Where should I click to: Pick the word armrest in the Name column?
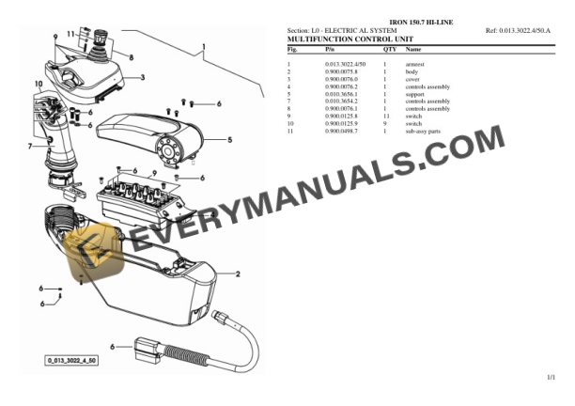click(x=414, y=64)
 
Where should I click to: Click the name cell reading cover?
click(x=412, y=79)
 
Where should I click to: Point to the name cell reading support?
click(x=413, y=94)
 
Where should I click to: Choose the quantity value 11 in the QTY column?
click(x=386, y=117)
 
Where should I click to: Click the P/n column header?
click(x=329, y=48)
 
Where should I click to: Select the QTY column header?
click(x=389, y=48)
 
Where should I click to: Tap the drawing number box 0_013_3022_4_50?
click(x=72, y=359)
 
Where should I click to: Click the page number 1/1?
click(x=552, y=377)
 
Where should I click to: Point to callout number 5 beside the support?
click(x=229, y=140)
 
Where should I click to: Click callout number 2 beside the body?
click(x=238, y=274)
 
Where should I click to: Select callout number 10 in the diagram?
click(x=39, y=85)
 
